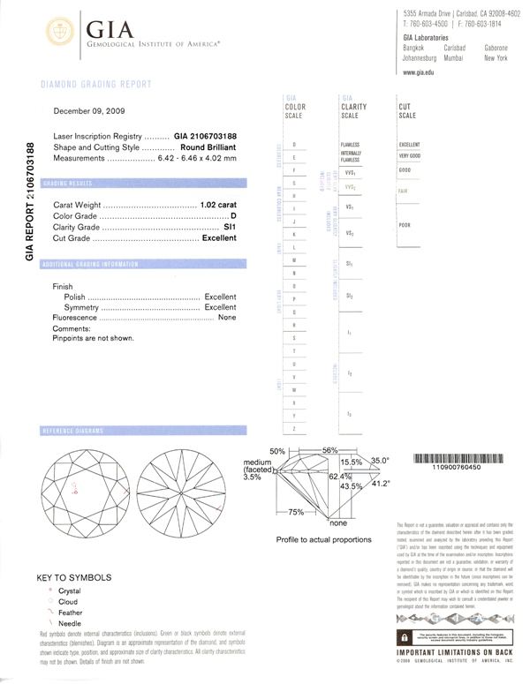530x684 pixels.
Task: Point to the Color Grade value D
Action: (x=234, y=216)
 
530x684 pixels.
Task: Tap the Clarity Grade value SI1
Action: (x=231, y=227)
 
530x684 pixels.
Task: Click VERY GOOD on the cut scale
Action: (x=410, y=155)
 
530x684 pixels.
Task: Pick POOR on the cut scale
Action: (x=405, y=225)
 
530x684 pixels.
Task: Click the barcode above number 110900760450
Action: (x=457, y=460)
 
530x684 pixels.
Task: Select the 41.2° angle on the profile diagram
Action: (x=382, y=484)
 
